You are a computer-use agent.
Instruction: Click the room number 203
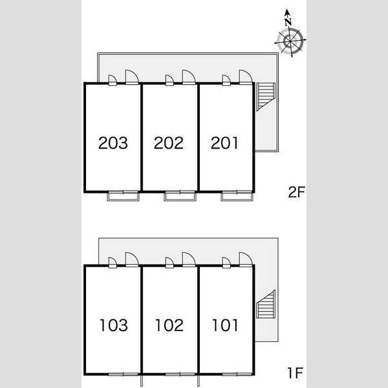pos(113,143)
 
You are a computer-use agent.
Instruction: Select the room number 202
pos(169,143)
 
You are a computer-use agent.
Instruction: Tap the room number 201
pos(224,143)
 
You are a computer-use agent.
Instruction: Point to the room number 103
pos(114,325)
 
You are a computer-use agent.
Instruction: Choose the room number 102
pos(169,325)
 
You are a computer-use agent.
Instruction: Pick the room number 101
pos(225,325)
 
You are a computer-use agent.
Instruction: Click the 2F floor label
pos(296,192)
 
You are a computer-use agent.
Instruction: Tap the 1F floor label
pos(295,373)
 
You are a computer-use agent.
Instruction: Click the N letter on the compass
pos(288,22)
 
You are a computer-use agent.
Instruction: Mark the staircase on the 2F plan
pos(266,97)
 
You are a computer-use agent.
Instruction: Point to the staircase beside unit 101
pos(266,304)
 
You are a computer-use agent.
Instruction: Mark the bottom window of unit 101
pos(237,374)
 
